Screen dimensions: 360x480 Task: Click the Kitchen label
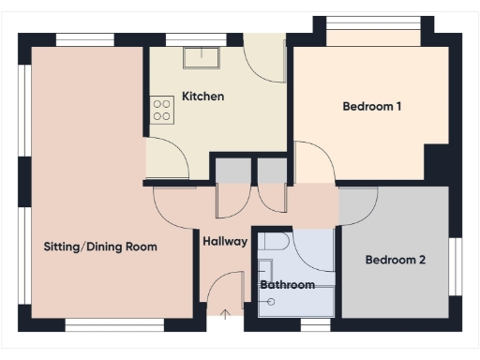202,97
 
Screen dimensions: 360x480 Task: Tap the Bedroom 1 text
371,107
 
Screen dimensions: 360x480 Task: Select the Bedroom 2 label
395,260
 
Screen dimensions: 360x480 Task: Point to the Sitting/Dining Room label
100,247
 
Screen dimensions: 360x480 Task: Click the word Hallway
225,241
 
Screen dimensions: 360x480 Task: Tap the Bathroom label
287,284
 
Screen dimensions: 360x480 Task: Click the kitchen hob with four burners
161,110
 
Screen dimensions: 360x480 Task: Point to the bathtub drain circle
271,302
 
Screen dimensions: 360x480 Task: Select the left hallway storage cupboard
232,171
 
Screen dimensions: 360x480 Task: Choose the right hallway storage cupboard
273,171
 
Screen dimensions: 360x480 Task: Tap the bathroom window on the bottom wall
315,324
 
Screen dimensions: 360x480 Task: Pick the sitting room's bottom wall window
113,324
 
